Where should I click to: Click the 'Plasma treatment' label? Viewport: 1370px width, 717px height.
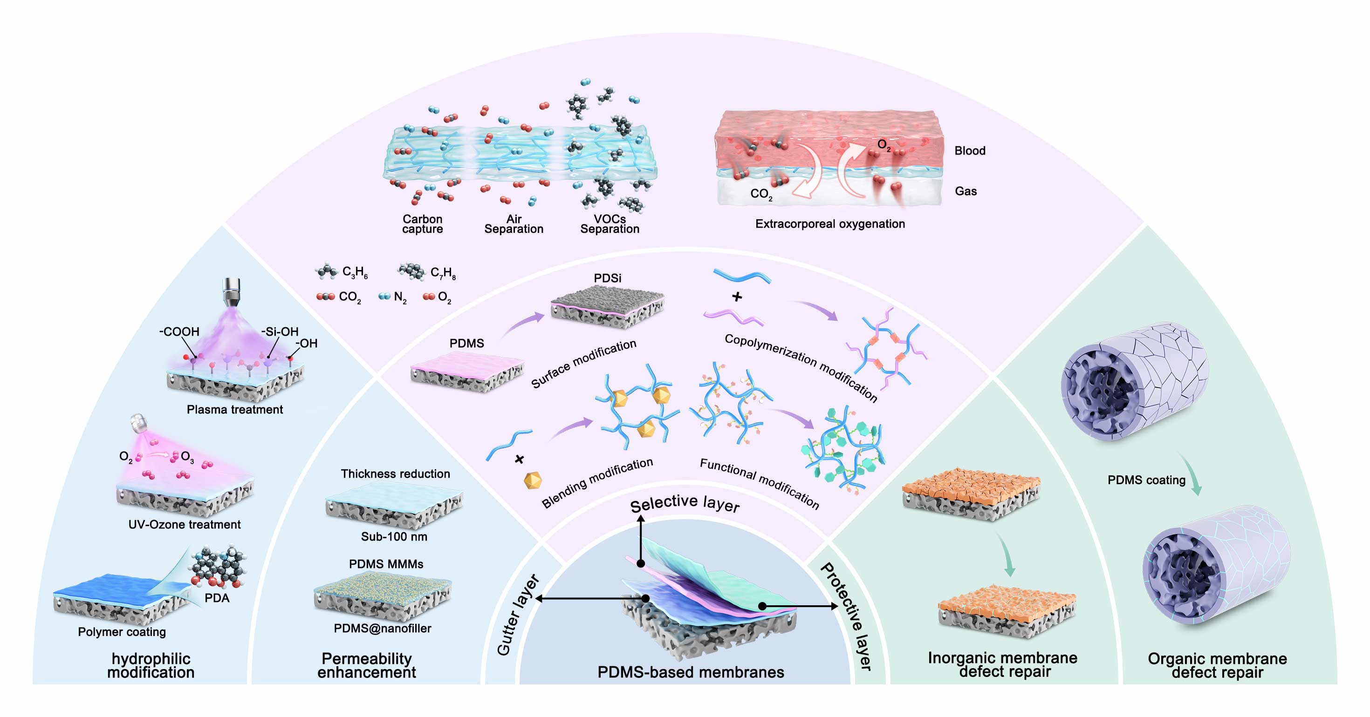pyautogui.click(x=234, y=409)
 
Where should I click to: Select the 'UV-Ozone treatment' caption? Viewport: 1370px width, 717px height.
pyautogui.click(x=184, y=525)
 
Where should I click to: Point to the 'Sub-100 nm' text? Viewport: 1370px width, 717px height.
pyautogui.click(x=394, y=537)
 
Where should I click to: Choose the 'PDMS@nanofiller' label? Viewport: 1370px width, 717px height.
pyautogui.click(x=383, y=628)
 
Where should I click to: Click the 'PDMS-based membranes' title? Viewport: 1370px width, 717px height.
pyautogui.click(x=690, y=672)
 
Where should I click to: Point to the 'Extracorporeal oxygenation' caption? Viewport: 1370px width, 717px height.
pyautogui.click(x=829, y=224)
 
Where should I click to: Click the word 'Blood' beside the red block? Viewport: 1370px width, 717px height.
pyautogui.click(x=970, y=151)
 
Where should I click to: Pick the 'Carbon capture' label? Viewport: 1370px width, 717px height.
pyautogui.click(x=422, y=224)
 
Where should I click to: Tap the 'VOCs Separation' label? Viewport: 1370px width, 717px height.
pyautogui.click(x=610, y=224)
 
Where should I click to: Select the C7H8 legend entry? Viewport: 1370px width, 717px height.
pyautogui.click(x=427, y=273)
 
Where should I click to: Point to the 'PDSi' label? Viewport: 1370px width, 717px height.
pyautogui.click(x=607, y=278)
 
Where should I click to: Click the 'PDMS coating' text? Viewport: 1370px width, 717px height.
pyautogui.click(x=1146, y=480)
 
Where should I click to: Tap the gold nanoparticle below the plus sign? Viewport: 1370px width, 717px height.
pyautogui.click(x=532, y=480)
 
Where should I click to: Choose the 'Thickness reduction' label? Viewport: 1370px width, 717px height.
pyautogui.click(x=395, y=473)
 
